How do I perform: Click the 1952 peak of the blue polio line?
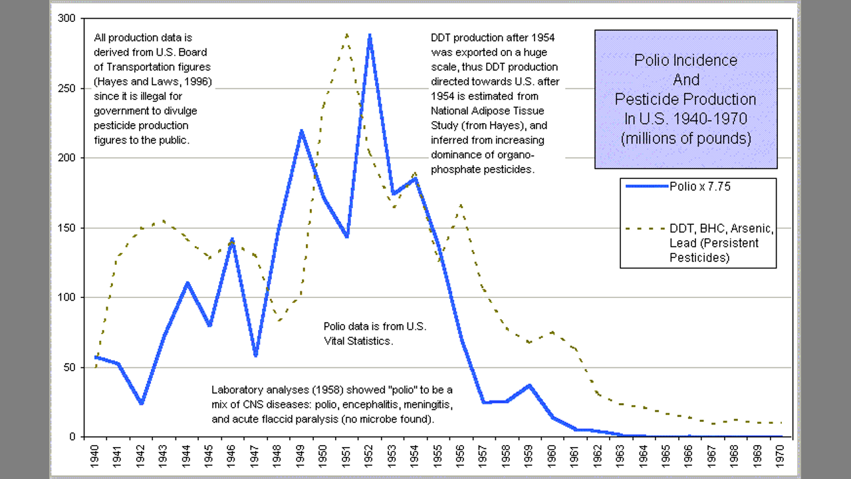coord(370,35)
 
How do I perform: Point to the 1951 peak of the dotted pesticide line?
coord(346,34)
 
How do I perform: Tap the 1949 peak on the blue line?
coord(301,131)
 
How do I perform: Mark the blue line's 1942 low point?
coord(142,403)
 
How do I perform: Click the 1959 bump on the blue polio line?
coord(530,385)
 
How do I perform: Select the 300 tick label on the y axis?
coord(66,19)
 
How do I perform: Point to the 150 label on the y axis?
coord(66,228)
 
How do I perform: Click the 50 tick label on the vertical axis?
coord(69,367)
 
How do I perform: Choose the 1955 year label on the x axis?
coord(438,456)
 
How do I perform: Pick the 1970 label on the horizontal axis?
coord(781,456)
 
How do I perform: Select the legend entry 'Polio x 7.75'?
coord(699,187)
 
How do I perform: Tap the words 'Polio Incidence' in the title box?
coord(685,61)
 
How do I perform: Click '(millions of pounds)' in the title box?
coord(685,138)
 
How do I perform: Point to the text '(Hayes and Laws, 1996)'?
coord(153,82)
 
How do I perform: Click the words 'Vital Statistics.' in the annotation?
coord(359,341)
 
